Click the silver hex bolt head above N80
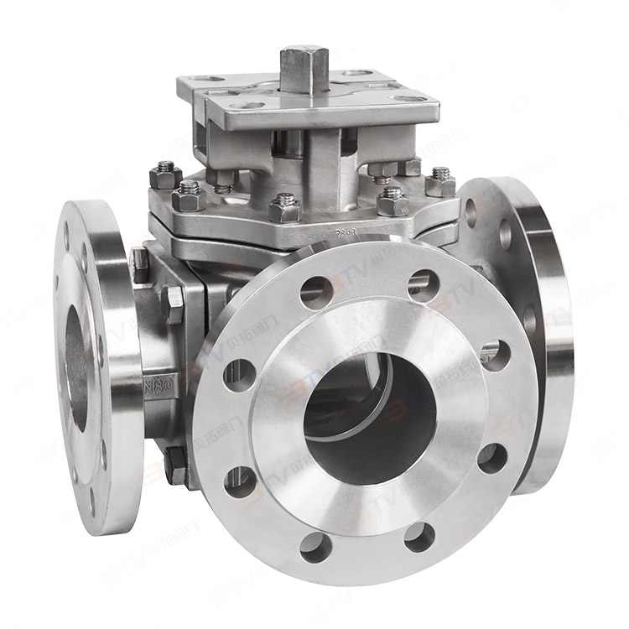pos(174,304)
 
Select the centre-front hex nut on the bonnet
pos(284,207)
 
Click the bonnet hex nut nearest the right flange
pos(440,183)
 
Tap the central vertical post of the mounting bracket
pos(327,168)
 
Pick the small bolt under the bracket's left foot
pos(225,178)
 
